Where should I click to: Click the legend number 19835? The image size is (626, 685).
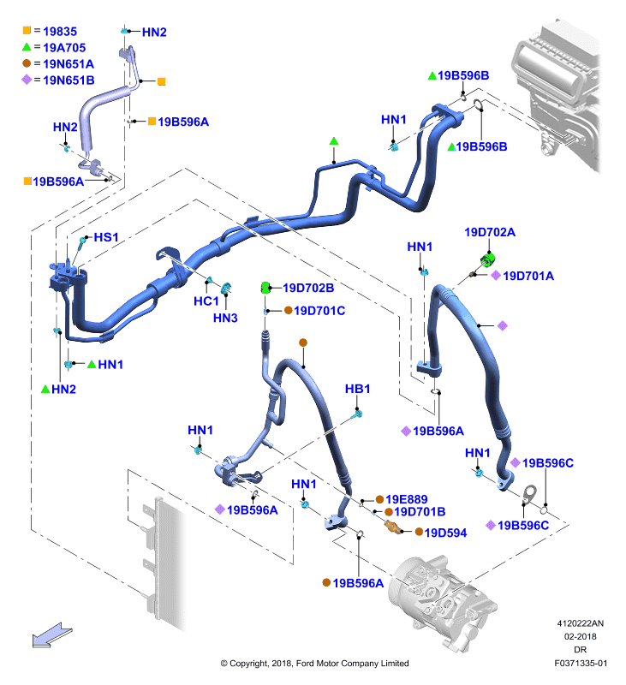(60, 32)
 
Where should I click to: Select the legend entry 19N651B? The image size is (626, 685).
(69, 80)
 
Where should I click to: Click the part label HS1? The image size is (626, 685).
(106, 237)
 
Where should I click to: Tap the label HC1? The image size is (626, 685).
(206, 301)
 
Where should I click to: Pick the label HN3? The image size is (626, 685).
(225, 318)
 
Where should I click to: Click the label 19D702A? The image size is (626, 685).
(490, 232)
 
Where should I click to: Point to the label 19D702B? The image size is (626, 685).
(308, 288)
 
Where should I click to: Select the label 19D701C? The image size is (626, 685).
(319, 311)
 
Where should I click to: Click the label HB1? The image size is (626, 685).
(357, 389)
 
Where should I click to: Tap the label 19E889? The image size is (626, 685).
(407, 499)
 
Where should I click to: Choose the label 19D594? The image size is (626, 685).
(445, 533)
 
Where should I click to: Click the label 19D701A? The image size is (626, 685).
(528, 276)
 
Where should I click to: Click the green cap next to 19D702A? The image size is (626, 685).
(487, 259)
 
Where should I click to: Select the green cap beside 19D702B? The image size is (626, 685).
(265, 288)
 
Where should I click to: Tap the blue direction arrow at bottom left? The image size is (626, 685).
(52, 635)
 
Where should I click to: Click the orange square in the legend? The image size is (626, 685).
(27, 31)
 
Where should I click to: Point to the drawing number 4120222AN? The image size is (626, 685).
(580, 623)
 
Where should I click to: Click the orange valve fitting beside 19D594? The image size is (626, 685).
(393, 527)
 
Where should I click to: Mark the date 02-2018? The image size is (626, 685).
(580, 636)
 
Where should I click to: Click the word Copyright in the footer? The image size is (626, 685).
(249, 664)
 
